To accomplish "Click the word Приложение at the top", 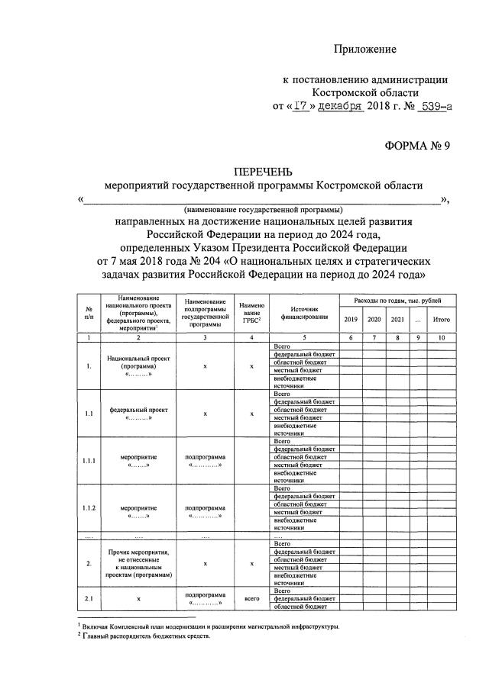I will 365,50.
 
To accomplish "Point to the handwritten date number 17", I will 300,107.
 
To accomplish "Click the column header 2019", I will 351,319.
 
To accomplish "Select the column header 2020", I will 374,319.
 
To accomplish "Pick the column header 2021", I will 397,319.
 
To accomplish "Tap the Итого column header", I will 441,319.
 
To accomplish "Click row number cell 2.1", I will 89,599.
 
